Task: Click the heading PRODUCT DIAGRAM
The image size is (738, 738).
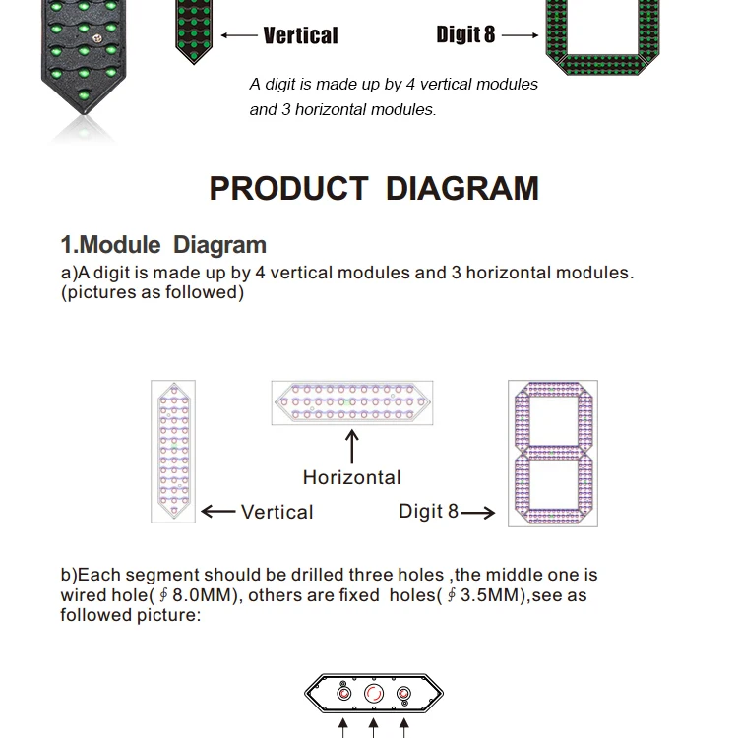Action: point(374,188)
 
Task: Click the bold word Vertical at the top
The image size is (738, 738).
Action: point(300,35)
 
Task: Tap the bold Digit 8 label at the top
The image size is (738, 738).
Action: point(465,34)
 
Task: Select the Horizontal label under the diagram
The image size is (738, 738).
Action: point(351,477)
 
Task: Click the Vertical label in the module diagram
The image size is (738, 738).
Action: point(277,512)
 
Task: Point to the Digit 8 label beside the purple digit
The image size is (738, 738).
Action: point(428,511)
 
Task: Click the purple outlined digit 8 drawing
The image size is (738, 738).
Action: point(552,453)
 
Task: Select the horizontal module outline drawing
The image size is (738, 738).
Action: point(351,402)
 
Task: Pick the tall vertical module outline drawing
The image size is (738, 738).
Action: point(173,451)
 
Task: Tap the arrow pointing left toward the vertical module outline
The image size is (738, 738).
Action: point(217,512)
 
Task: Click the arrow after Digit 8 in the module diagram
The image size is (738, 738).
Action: point(478,512)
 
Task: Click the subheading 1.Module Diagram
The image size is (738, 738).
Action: point(163,245)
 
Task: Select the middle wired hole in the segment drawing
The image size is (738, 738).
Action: point(374,695)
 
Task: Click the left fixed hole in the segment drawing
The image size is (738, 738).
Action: point(343,695)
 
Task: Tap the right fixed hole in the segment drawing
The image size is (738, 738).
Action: point(403,695)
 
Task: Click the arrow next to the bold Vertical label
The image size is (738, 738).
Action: point(238,35)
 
